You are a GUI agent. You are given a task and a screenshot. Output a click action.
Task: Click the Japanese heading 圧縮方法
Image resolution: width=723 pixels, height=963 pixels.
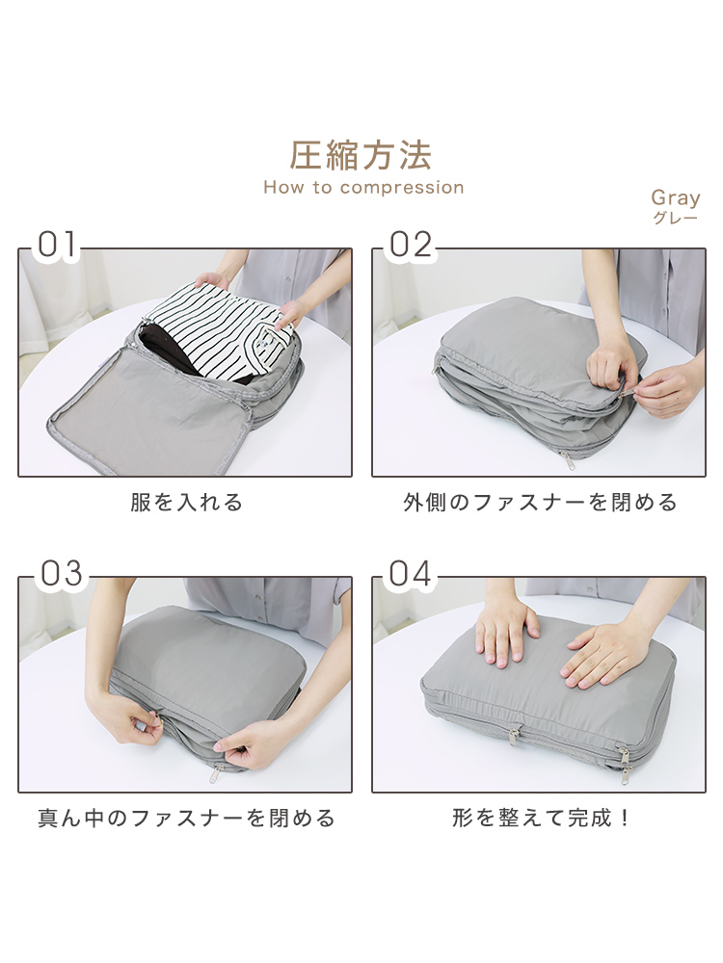[x=361, y=155]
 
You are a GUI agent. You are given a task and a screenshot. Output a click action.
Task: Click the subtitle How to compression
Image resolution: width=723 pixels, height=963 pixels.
[x=363, y=188]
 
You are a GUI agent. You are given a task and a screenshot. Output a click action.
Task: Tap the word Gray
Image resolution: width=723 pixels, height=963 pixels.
[x=676, y=198]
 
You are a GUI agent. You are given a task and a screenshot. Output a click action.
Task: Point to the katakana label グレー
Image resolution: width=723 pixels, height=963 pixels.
[x=675, y=218]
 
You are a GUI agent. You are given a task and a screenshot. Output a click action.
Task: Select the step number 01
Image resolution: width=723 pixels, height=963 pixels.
[x=57, y=245]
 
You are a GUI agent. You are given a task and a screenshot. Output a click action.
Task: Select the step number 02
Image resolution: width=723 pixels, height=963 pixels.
[x=410, y=245]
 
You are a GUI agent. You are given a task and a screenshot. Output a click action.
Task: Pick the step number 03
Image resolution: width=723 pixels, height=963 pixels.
[x=61, y=574]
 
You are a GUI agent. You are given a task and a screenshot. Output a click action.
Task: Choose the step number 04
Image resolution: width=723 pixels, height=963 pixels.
[x=410, y=574]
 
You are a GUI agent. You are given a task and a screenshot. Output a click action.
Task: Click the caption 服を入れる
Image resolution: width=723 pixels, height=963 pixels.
[x=186, y=503]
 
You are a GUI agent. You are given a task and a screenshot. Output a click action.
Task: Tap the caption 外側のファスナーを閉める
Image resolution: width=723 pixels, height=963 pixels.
[x=540, y=503]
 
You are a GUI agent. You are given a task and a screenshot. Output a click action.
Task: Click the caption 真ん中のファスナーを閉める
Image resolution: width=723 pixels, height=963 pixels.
[x=186, y=818]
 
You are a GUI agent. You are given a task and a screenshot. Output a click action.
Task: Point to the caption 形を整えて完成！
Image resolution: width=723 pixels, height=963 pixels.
[x=541, y=818]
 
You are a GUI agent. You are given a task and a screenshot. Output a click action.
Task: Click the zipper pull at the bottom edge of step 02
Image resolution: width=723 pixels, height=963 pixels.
[x=564, y=458]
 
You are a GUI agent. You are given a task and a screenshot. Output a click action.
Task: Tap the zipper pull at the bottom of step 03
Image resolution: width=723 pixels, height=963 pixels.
[x=215, y=775]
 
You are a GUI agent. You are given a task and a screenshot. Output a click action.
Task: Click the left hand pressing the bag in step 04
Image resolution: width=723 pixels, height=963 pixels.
[x=507, y=633]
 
